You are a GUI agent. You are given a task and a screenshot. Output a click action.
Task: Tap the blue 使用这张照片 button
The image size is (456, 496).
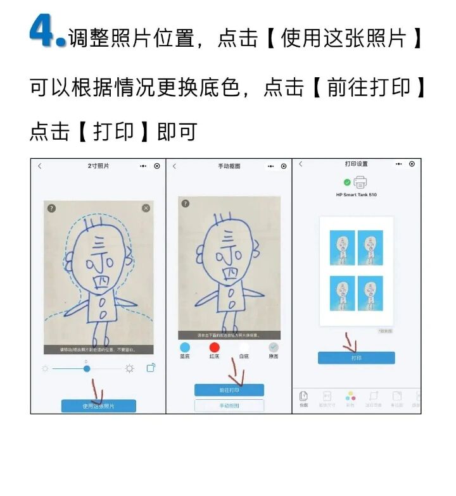click(x=98, y=406)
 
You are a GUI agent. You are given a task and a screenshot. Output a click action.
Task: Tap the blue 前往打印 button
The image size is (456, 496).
click(x=229, y=390)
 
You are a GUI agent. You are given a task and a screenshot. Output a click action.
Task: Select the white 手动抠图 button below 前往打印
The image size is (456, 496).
click(x=229, y=406)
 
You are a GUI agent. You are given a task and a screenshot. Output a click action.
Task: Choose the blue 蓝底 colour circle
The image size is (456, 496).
click(x=185, y=347)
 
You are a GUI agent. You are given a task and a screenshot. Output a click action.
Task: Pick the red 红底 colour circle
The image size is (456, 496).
click(x=214, y=347)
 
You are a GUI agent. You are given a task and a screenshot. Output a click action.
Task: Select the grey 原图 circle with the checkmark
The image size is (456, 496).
click(x=274, y=347)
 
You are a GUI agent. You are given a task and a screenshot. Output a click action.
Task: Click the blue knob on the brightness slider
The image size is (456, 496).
click(x=87, y=368)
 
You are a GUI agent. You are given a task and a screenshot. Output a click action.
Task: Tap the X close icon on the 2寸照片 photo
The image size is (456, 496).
click(x=146, y=208)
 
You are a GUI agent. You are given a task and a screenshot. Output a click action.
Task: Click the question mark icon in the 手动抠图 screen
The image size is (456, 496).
click(x=185, y=204)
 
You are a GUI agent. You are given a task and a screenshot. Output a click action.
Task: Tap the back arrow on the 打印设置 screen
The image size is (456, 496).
click(x=300, y=164)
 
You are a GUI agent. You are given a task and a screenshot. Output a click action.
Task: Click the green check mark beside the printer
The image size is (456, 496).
click(x=347, y=182)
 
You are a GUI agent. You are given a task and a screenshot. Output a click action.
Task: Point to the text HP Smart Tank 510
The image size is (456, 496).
click(x=356, y=195)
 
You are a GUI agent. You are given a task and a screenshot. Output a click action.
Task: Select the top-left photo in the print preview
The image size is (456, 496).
click(x=343, y=248)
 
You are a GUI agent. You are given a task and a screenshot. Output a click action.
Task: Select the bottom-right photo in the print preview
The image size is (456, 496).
click(x=370, y=293)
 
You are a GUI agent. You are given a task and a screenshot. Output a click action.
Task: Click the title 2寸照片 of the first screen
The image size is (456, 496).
click(x=98, y=166)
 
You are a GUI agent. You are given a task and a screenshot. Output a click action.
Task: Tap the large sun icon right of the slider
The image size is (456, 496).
click(x=129, y=368)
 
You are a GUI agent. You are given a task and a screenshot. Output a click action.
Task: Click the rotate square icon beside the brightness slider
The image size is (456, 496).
click(x=151, y=368)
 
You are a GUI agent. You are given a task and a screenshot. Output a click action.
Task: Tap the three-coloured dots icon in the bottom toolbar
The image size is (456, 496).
click(x=350, y=397)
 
